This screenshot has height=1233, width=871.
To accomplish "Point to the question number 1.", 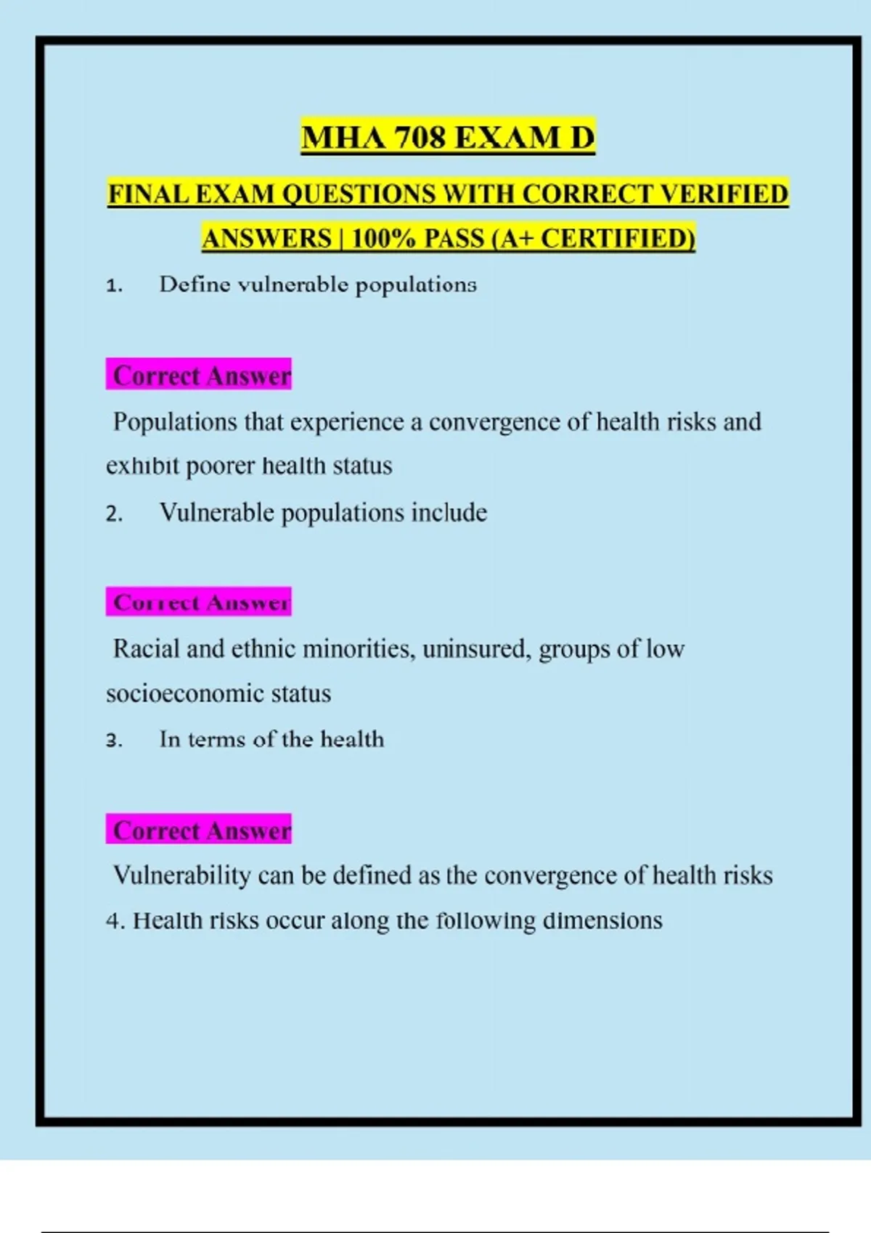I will click(113, 286).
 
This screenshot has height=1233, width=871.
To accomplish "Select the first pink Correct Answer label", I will click(199, 375).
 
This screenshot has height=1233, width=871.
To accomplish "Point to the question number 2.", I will click(114, 514).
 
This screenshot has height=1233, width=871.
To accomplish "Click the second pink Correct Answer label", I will click(199, 603).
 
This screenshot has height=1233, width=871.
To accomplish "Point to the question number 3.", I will click(114, 741).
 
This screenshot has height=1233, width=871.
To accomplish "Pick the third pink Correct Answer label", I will click(199, 830).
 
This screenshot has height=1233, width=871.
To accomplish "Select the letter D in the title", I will click(582, 138).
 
